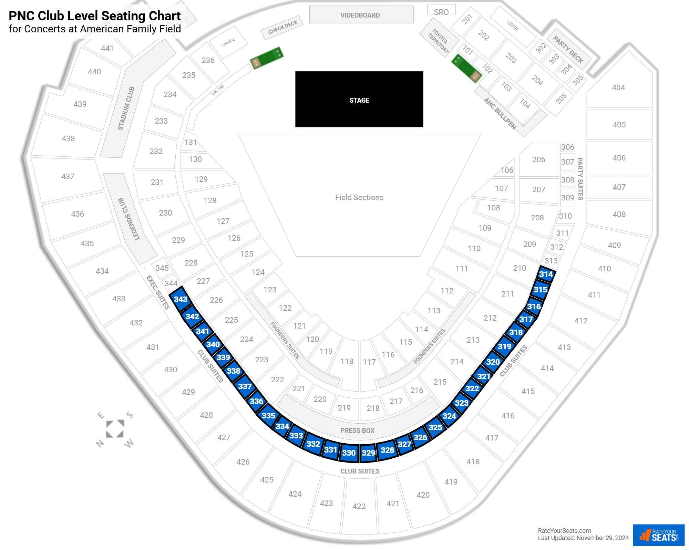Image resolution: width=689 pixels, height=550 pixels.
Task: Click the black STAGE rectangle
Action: tap(359, 99)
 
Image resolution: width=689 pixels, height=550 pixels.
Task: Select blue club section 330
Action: tap(349, 453)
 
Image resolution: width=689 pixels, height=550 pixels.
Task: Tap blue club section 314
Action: tap(546, 274)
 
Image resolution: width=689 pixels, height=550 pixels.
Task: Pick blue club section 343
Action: tap(181, 299)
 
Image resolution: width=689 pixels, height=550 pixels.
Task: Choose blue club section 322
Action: tap(472, 388)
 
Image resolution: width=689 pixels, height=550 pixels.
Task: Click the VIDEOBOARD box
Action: tap(361, 15)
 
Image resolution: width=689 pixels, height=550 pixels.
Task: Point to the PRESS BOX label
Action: tap(357, 430)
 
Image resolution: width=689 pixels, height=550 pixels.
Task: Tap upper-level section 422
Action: tap(359, 506)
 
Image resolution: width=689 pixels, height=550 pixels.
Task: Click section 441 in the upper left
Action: tap(107, 48)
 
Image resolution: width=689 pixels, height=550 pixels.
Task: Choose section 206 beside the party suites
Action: tap(539, 159)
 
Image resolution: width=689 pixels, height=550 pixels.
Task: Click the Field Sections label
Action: tap(359, 197)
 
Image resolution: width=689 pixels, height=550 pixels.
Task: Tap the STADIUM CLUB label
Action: tap(126, 108)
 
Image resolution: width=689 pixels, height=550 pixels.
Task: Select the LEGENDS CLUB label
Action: tap(129, 219)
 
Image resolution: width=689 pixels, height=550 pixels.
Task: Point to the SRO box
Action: tap(441, 10)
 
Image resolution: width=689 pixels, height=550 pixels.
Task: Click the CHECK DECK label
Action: tap(283, 27)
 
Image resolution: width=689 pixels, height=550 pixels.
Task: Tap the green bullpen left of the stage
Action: tap(267, 58)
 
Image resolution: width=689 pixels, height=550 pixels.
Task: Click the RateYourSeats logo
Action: tap(659, 535)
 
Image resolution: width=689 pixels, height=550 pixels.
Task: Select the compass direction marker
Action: tap(115, 429)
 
